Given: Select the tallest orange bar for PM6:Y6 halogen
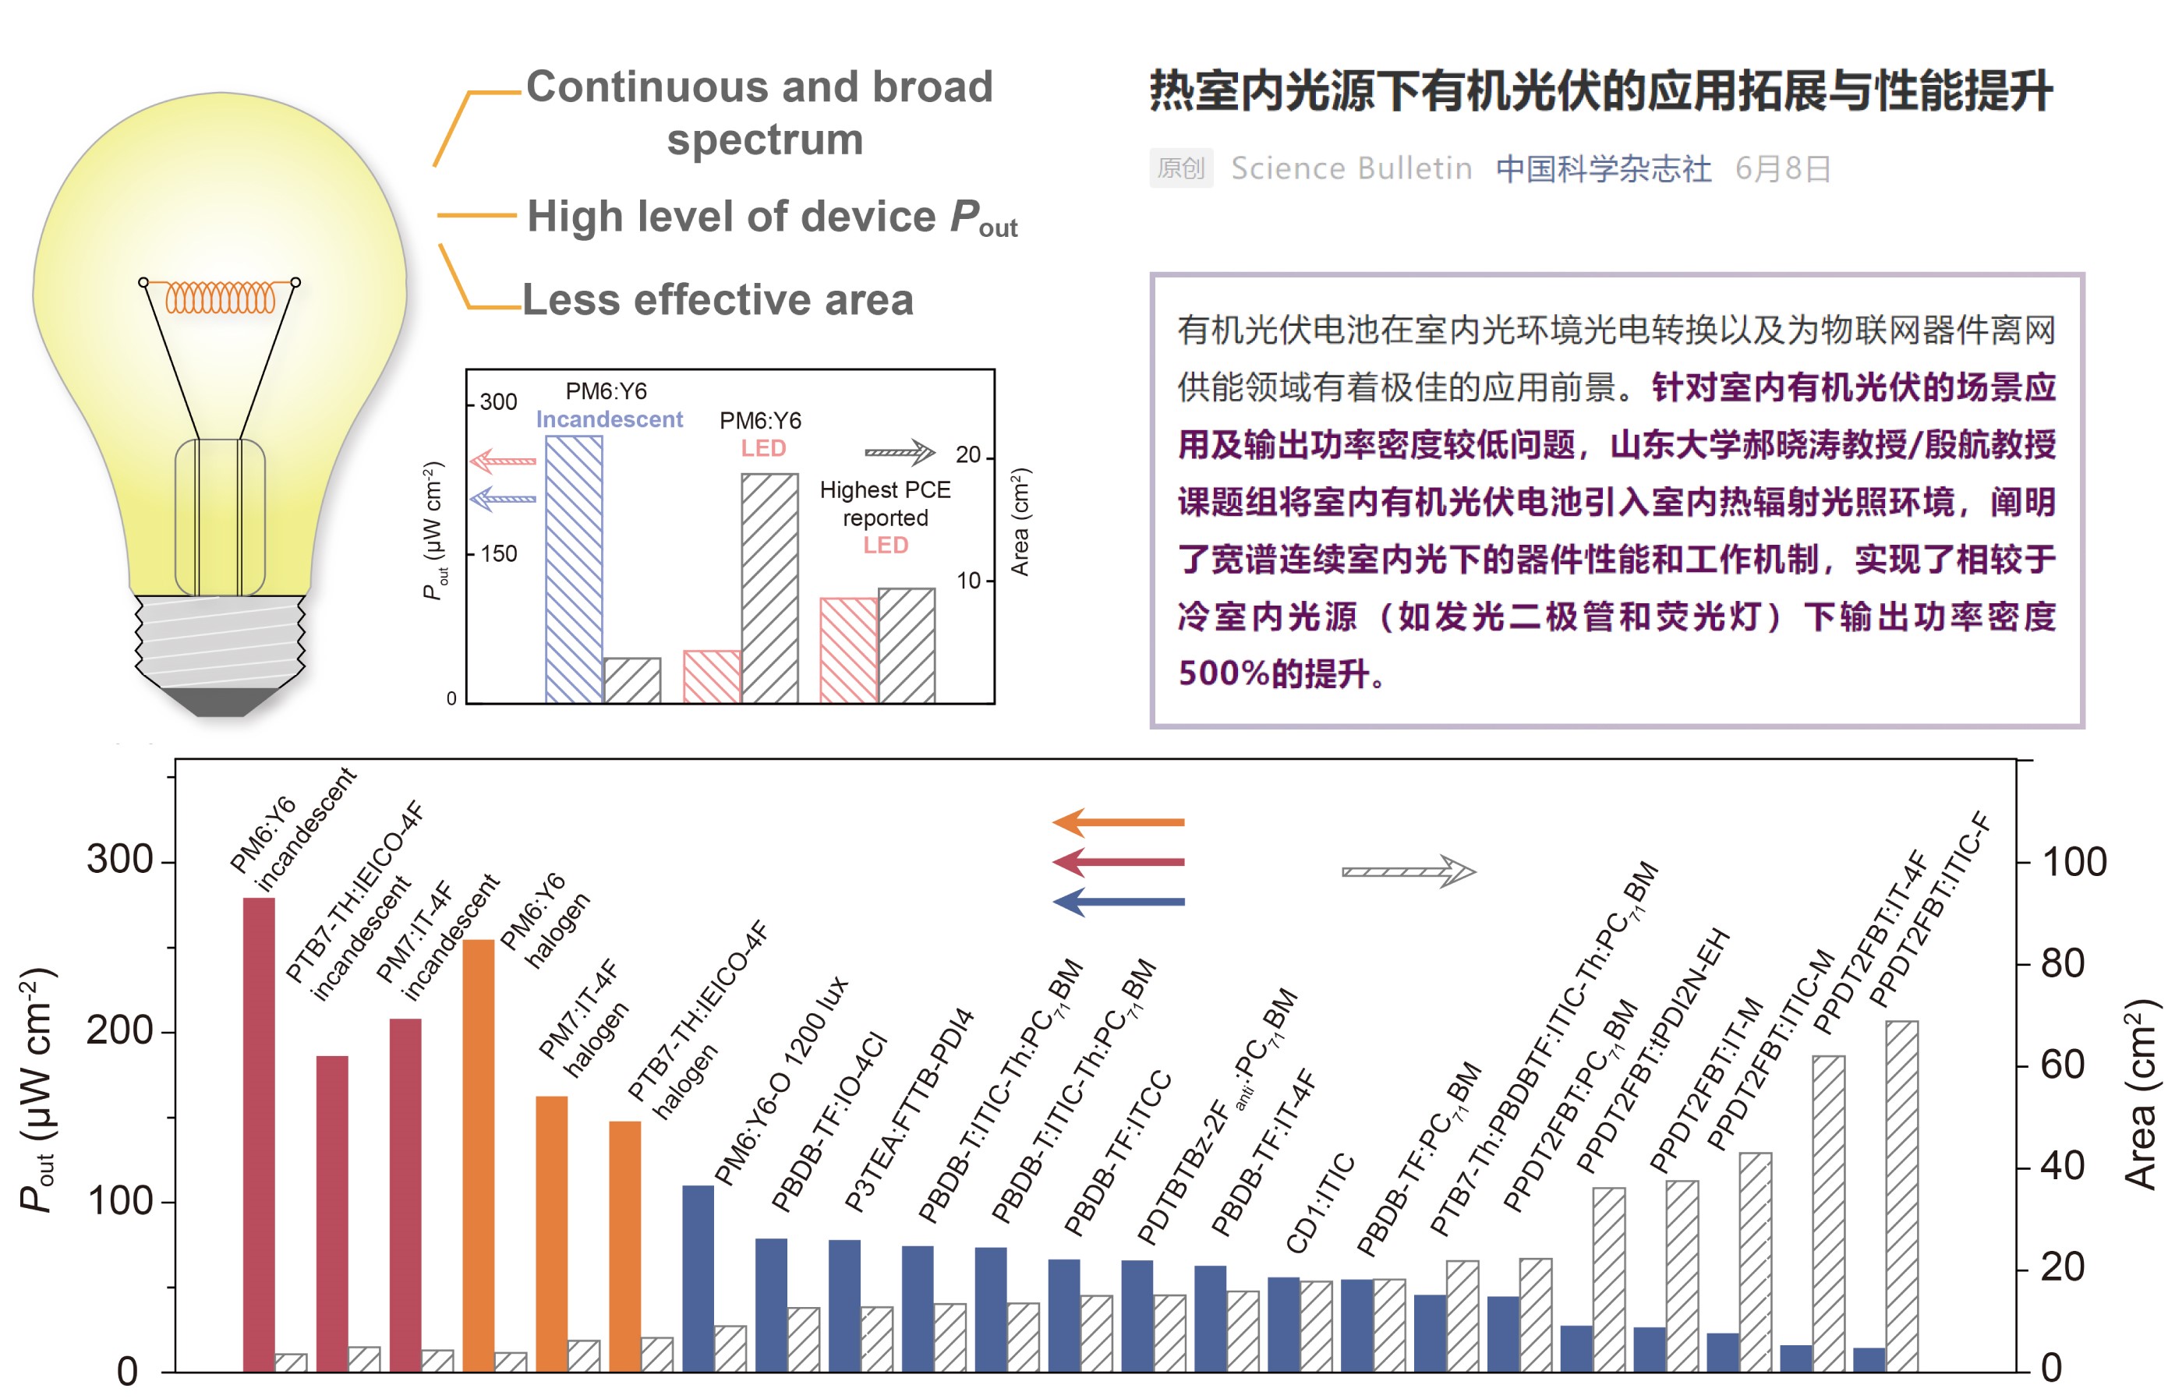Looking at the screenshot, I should (x=478, y=1154).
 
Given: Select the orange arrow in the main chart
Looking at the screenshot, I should (x=1118, y=822).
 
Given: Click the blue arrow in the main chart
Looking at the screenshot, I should (x=1118, y=902).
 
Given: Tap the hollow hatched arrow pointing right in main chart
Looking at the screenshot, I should (x=1409, y=871).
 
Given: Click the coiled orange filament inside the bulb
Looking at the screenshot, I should (x=219, y=297).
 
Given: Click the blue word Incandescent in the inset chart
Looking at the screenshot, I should (x=609, y=419).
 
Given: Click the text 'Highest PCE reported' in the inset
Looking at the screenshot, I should (x=885, y=503).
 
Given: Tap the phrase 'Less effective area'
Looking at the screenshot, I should (x=718, y=300).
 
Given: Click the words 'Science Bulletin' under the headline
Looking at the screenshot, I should (x=1351, y=168).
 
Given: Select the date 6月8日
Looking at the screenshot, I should (x=1782, y=168).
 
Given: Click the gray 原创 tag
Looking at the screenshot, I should (x=1180, y=168).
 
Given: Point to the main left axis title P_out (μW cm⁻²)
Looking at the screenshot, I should (x=38, y=1090).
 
